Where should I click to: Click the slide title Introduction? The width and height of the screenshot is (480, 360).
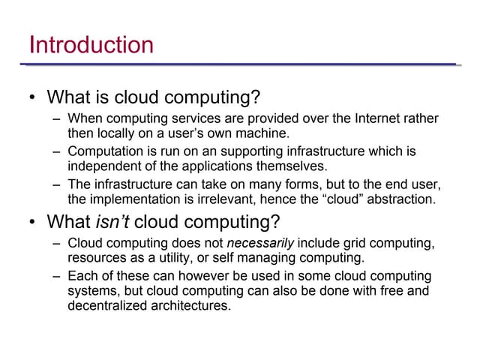pyautogui.click(x=91, y=44)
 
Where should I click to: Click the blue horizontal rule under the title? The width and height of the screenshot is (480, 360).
pyautogui.click(x=240, y=64)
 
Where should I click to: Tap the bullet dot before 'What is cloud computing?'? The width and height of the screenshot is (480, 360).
pyautogui.click(x=32, y=98)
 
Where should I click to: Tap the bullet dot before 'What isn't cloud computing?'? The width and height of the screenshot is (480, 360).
pyautogui.click(x=32, y=223)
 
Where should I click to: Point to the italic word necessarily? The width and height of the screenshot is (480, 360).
pyautogui.click(x=260, y=244)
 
